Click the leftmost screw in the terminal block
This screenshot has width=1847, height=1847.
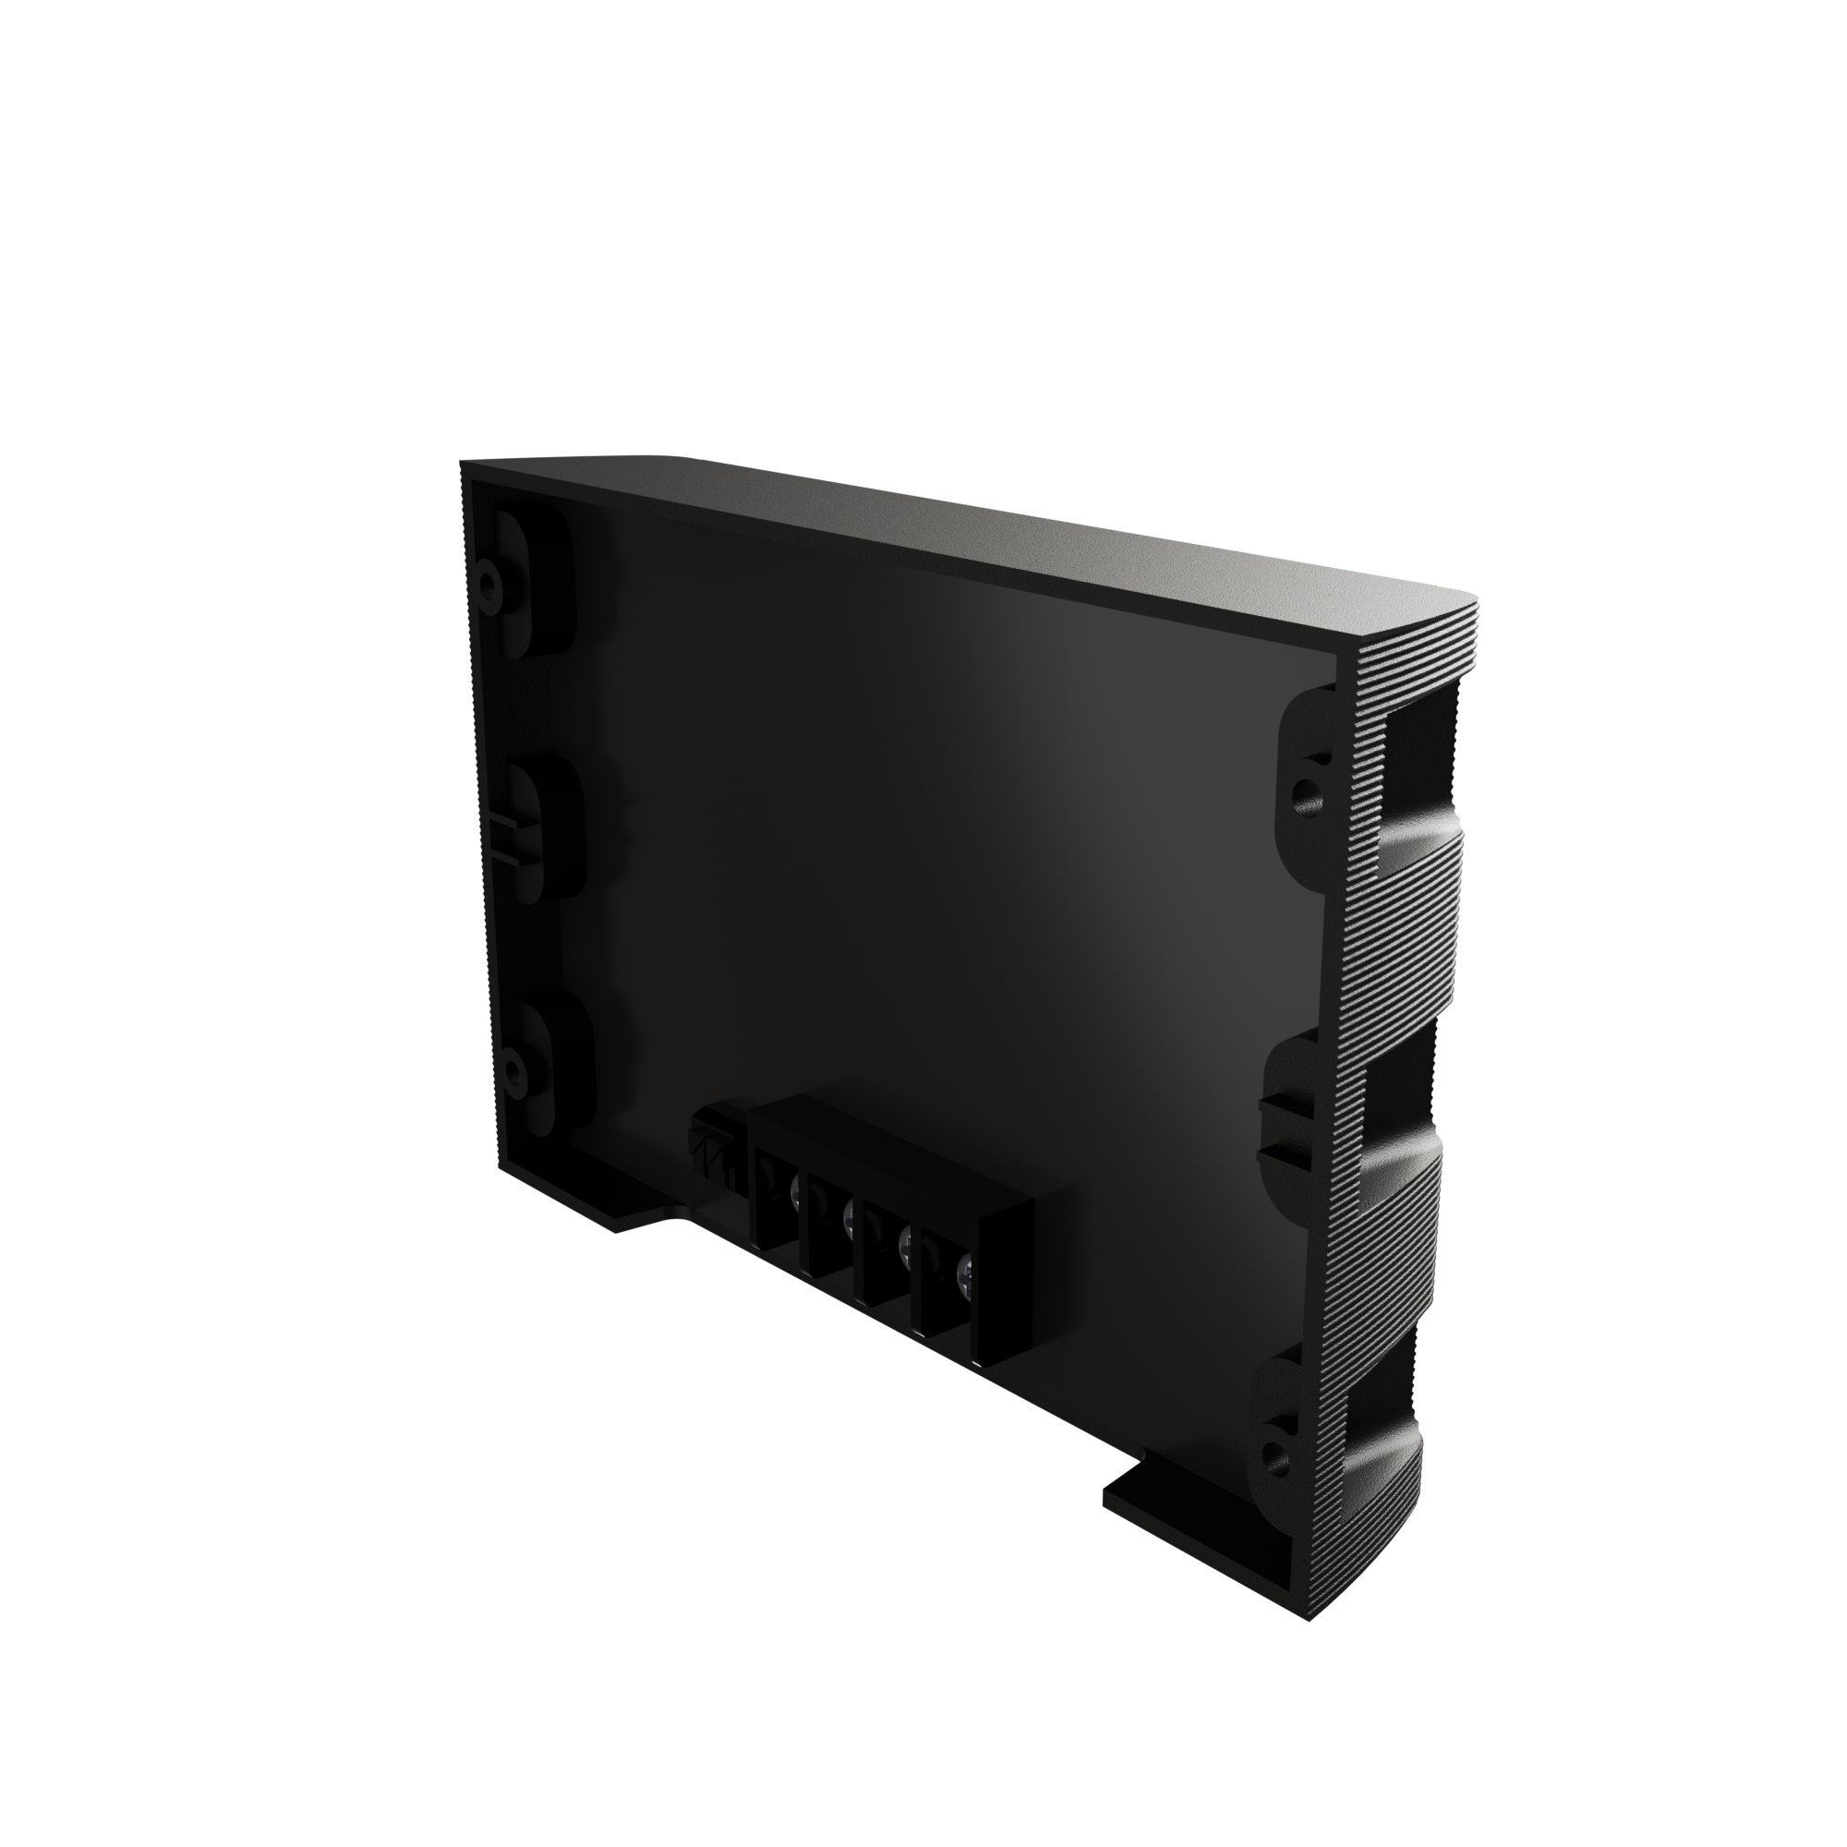(x=795, y=1189)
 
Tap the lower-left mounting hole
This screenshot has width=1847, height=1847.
(x=513, y=1062)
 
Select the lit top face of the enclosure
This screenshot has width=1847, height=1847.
(x=956, y=536)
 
